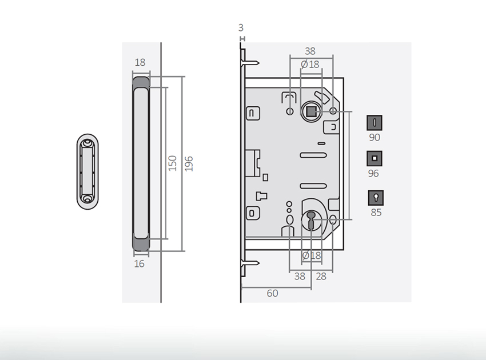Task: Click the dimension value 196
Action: pos(189,163)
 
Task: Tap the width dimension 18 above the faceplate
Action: pos(140,63)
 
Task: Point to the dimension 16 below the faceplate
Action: pos(139,264)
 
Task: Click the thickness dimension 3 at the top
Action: pos(241,27)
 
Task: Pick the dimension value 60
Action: pos(272,293)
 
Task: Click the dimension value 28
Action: pos(321,277)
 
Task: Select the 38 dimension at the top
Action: pos(310,51)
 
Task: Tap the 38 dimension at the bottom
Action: pos(299,277)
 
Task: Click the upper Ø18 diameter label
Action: pos(310,65)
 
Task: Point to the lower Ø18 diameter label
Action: pos(311,255)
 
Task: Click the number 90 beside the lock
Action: pos(375,138)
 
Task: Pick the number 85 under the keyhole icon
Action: pos(376,213)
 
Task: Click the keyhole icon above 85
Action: pos(376,198)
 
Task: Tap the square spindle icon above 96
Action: pos(375,159)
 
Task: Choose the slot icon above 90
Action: pos(375,123)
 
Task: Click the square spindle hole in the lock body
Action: pos(310,111)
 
